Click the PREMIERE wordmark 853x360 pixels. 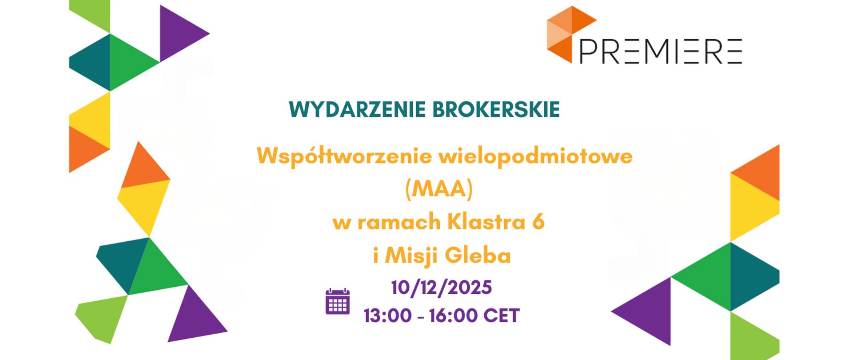(661, 52)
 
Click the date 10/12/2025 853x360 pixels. (442, 288)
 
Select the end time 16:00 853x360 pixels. (453, 316)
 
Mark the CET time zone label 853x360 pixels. (502, 316)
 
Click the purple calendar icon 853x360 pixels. (338, 301)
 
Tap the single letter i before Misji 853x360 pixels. (376, 256)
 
